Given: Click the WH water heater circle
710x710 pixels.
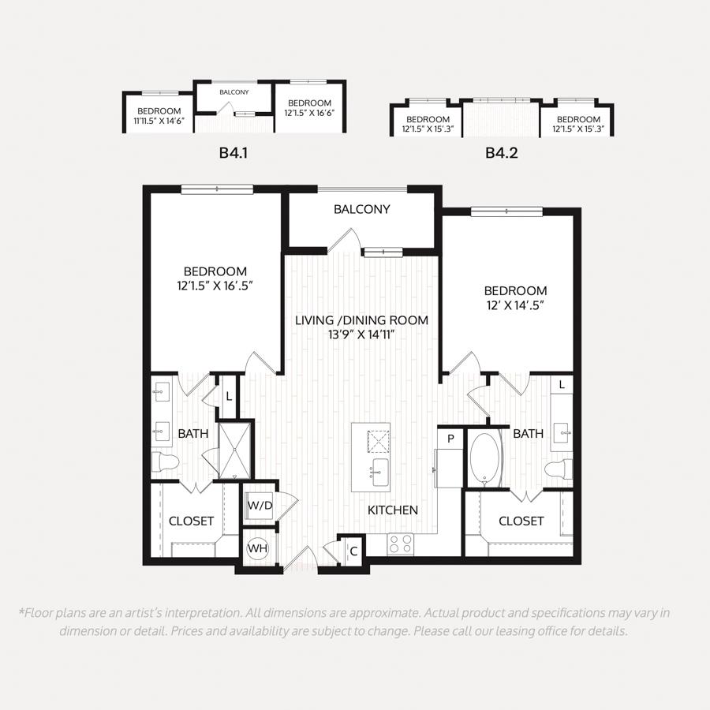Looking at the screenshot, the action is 257,548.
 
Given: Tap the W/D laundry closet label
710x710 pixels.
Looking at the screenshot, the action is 260,506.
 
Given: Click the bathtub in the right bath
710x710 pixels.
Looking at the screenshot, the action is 484,460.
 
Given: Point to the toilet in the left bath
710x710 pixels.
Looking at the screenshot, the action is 166,461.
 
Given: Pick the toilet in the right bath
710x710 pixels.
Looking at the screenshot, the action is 559,469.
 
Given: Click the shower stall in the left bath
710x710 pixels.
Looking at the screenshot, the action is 234,450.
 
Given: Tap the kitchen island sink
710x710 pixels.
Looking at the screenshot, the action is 379,473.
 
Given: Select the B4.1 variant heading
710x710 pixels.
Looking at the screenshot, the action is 234,152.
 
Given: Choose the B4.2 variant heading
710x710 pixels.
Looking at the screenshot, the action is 501,152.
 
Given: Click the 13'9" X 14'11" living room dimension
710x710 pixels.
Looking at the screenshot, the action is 362,334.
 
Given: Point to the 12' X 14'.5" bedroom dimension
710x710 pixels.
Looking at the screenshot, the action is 515,305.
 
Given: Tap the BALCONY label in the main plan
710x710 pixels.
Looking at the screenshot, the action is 362,209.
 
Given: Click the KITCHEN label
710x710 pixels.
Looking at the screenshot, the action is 393,510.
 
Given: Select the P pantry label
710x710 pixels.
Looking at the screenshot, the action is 450,439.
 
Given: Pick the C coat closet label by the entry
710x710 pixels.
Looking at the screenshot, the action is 353,551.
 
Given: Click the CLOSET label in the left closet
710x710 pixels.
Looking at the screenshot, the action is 191,521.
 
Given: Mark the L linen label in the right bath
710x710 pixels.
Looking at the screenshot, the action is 562,385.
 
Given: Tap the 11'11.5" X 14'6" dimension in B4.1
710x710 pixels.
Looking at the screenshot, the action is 159,121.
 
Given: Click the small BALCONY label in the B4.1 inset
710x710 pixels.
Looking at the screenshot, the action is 234,92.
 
